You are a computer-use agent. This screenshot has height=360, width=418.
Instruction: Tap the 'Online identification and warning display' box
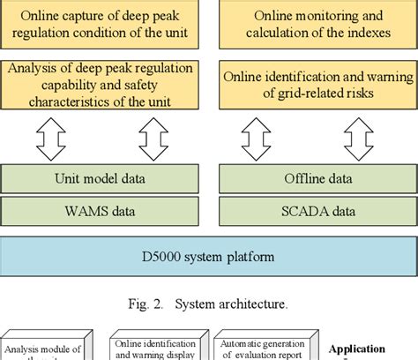(156, 349)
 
